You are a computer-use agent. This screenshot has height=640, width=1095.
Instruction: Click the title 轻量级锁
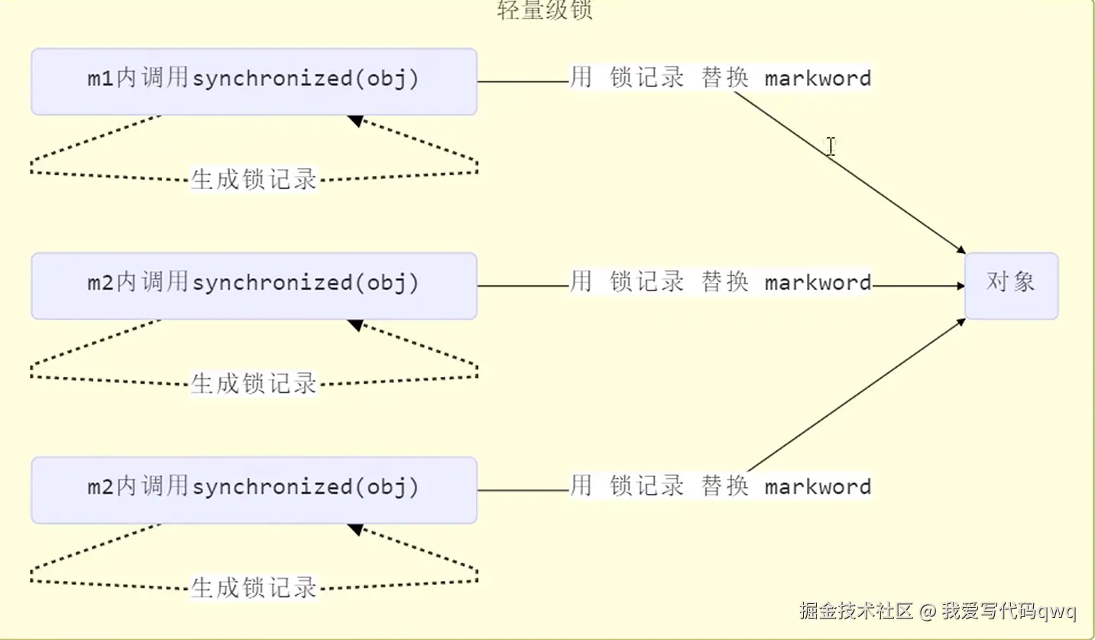[544, 11]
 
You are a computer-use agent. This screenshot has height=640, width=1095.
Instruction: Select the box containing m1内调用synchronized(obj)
[254, 81]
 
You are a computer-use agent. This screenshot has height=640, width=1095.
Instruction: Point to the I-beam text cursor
[830, 147]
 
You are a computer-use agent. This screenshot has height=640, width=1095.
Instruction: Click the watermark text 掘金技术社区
[857, 612]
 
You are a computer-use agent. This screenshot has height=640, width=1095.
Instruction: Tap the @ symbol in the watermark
[927, 612]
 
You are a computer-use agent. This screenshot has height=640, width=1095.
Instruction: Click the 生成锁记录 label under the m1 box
[254, 180]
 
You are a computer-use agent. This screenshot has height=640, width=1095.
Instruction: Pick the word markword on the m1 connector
[818, 78]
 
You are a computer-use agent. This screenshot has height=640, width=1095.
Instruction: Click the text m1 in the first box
[101, 79]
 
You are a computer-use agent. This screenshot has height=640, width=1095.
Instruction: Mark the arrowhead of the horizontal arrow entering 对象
[961, 286]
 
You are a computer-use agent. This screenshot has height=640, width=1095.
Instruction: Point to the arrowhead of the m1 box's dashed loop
[354, 119]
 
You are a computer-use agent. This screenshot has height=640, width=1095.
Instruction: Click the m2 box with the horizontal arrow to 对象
[254, 285]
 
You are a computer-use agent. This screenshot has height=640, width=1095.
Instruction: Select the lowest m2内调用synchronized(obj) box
[254, 489]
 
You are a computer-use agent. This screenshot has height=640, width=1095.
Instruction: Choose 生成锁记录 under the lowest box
[254, 588]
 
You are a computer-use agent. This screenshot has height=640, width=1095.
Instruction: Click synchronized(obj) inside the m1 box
[306, 79]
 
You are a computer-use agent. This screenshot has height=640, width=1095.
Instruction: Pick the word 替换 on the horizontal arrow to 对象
[724, 283]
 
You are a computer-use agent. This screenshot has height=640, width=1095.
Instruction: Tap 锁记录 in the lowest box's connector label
[646, 486]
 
